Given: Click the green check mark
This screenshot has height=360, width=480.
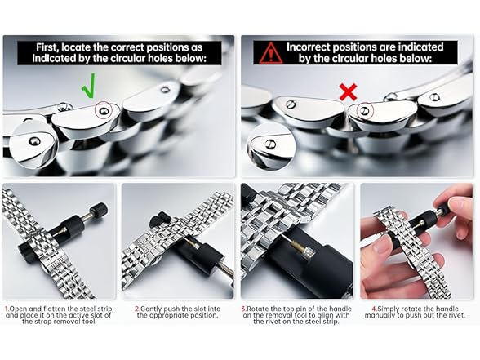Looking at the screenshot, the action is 90,87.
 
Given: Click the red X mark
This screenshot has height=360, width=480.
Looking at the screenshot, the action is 349,91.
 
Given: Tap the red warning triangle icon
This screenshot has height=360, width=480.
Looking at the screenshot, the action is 271,53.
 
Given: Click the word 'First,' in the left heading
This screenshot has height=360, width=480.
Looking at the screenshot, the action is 47,47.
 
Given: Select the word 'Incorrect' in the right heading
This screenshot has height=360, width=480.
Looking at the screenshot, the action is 309,47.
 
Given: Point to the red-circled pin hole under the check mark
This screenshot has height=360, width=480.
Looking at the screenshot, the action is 104,110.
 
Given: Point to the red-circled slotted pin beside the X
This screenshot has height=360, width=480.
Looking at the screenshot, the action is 364,110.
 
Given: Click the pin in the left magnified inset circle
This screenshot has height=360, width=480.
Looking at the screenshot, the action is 34,141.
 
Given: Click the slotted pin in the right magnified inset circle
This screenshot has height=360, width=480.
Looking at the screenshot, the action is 271,144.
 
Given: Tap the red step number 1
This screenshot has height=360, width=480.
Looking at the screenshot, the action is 7,309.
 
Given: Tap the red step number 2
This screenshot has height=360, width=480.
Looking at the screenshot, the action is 137,309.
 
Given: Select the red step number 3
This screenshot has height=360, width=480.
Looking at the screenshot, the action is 244,309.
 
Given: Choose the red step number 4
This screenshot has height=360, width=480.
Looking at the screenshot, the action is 374,309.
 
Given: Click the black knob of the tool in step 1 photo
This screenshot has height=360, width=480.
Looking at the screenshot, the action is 100,209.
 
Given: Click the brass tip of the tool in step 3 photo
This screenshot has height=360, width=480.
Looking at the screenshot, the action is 296,245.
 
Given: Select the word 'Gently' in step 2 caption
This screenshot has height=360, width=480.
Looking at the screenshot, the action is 151,309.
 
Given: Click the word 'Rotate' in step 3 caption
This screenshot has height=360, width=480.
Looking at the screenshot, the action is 257,309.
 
